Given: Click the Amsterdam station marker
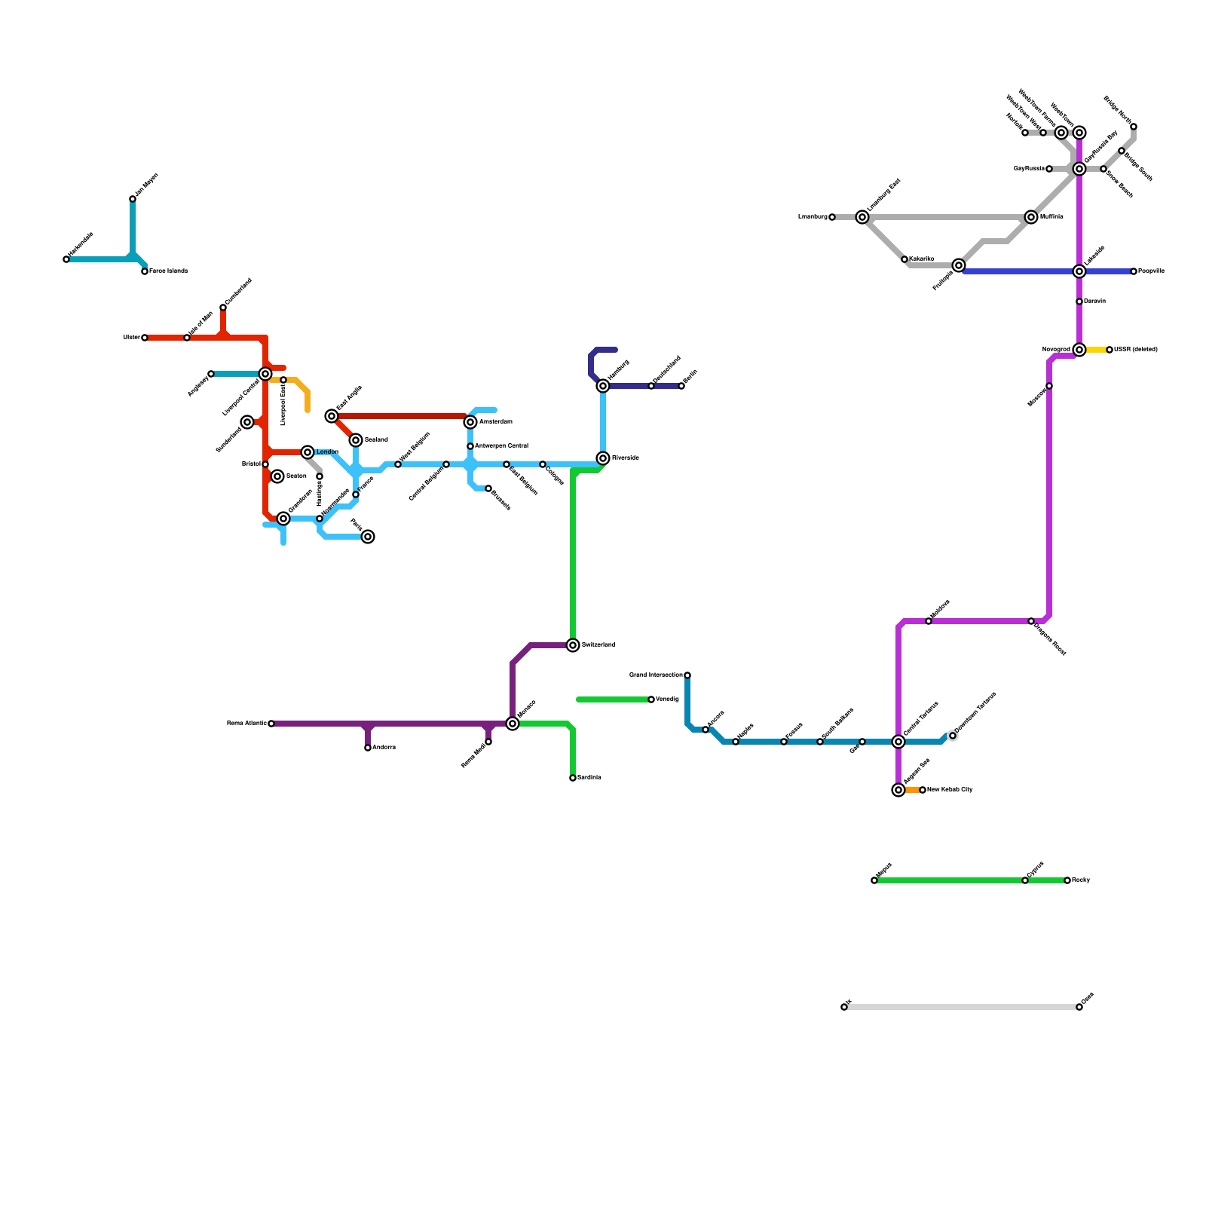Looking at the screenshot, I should (x=470, y=422).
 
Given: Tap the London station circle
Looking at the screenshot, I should (x=308, y=452).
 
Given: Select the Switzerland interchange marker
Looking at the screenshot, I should (x=573, y=645).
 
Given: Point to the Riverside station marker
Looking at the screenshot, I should (x=603, y=458).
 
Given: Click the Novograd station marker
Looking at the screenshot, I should (x=1079, y=350).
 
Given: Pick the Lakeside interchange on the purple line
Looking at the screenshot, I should (x=1079, y=271).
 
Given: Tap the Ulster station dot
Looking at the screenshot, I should (x=145, y=338).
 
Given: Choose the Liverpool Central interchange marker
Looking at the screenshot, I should (x=265, y=374).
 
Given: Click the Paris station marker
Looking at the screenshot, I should (x=368, y=537).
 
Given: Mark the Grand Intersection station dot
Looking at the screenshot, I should (x=687, y=675).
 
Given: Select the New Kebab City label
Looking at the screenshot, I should (x=950, y=790).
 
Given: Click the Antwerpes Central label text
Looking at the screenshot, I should (x=501, y=446).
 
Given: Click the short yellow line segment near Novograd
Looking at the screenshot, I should (x=1095, y=350).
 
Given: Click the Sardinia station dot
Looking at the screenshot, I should (x=573, y=778).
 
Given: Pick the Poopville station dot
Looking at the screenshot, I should (x=1134, y=271).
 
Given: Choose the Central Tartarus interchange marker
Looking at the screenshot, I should (x=898, y=742).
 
